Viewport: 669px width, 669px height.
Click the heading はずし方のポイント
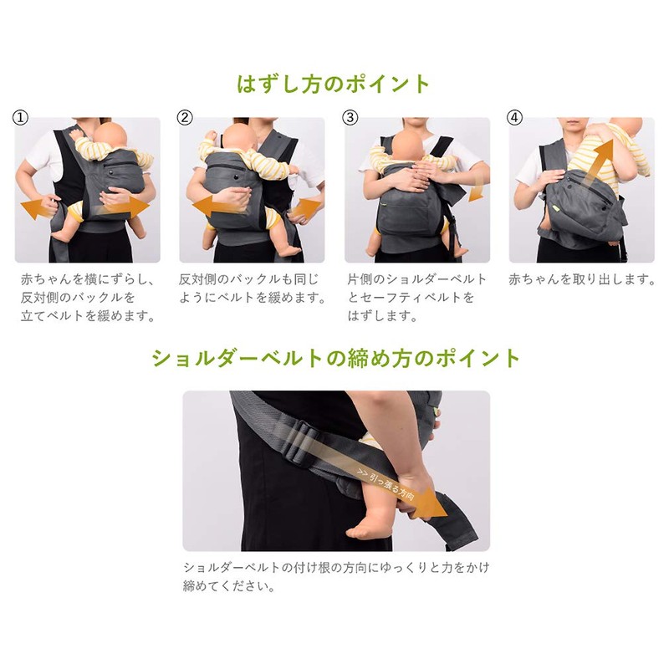[334, 84]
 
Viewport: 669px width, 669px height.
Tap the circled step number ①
[21, 118]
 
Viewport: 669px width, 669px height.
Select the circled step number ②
[186, 118]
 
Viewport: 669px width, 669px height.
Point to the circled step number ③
[350, 118]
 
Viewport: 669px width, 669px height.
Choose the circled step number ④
[515, 118]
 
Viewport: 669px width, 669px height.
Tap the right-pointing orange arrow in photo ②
[304, 207]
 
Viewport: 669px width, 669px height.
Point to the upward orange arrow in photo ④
[595, 163]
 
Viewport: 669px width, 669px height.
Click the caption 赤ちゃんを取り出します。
[582, 279]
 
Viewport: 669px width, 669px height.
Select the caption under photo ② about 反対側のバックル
[251, 289]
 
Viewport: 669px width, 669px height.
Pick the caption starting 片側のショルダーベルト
[411, 298]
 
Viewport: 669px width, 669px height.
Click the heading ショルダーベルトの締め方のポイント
[335, 359]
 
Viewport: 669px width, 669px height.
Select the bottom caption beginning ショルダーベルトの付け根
[335, 576]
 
